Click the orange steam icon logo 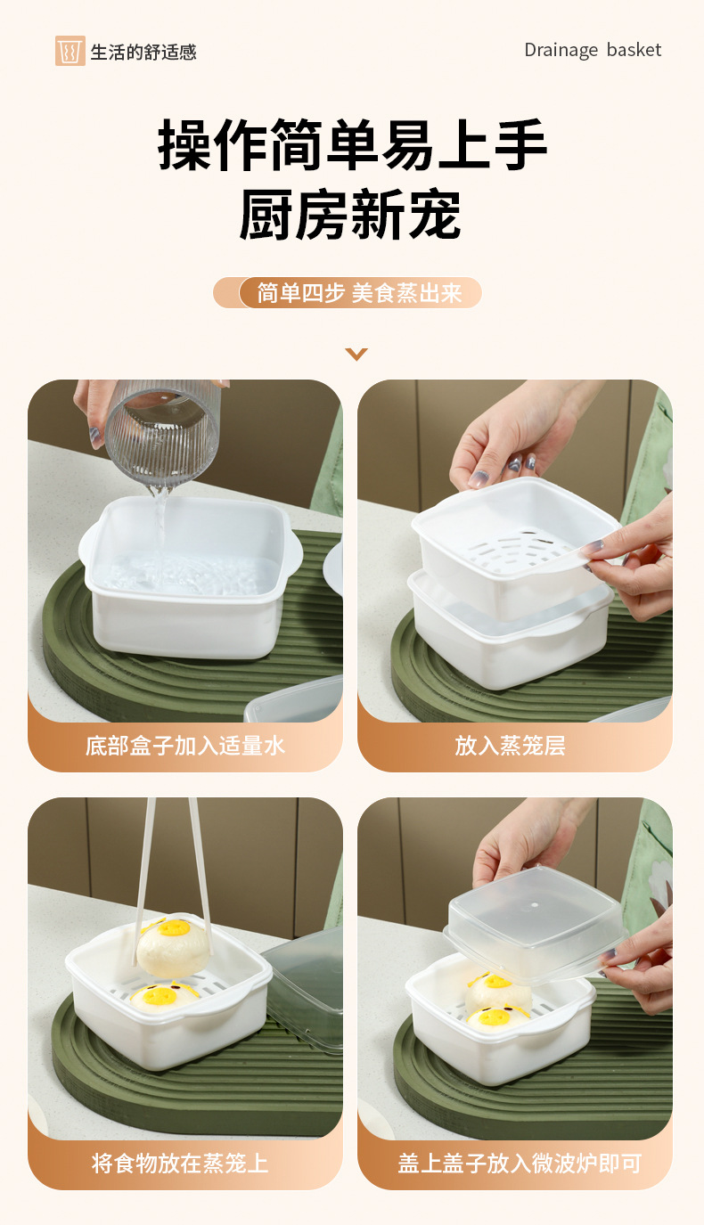(x=70, y=51)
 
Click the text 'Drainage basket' (x=593, y=50)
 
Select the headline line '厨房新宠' (x=351, y=215)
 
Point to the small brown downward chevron (x=356, y=355)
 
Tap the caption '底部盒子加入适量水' (x=185, y=746)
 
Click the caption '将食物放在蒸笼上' (x=181, y=1163)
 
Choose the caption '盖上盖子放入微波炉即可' (x=520, y=1163)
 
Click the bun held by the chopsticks (x=173, y=945)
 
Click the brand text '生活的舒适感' (x=143, y=52)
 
